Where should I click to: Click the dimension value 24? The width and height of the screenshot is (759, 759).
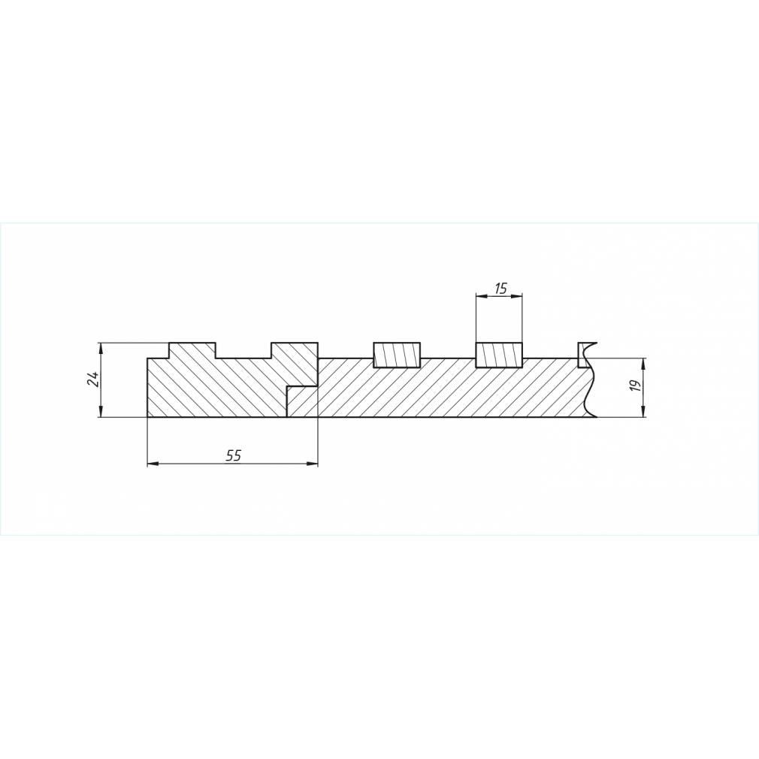(x=93, y=379)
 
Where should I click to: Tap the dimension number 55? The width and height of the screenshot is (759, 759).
(x=233, y=455)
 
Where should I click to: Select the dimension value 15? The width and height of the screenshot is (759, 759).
(x=501, y=289)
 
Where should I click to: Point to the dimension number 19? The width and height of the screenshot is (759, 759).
(x=636, y=386)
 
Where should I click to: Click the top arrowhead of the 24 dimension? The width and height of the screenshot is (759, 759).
(x=101, y=347)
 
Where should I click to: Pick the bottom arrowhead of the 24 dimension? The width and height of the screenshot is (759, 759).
(x=101, y=412)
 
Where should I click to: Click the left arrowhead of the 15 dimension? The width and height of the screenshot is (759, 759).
(x=481, y=296)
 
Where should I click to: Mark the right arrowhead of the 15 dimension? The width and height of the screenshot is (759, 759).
(x=518, y=296)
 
